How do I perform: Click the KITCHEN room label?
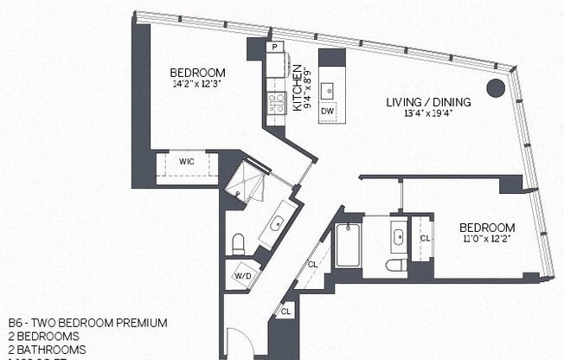coord(296,89)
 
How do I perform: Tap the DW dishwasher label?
coord(327,112)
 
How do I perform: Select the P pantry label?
coord(274,47)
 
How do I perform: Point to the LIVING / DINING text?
coord(428,102)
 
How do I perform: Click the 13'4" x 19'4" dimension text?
coord(428,114)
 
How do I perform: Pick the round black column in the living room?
coord(494,87)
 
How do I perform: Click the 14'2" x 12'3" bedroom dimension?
coord(197,84)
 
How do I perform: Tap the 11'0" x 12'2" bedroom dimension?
coord(487,239)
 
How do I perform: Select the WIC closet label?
coord(186,162)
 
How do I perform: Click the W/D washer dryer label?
coord(242,278)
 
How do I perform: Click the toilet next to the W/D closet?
coord(240,242)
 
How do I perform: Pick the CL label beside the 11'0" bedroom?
coord(424,238)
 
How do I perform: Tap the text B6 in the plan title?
coord(13,323)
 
